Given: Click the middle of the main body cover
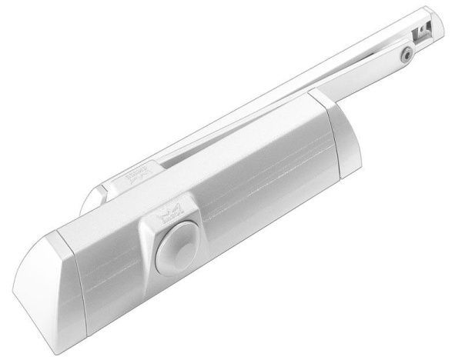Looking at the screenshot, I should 231,200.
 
